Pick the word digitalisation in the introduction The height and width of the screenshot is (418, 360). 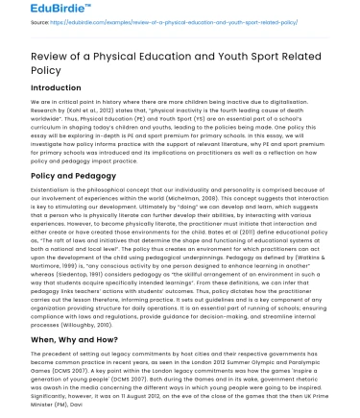point(297,102)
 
